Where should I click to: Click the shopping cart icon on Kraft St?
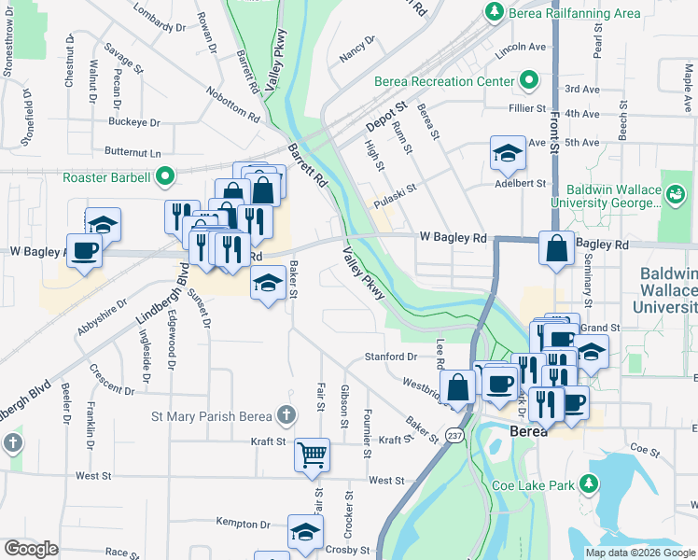312,455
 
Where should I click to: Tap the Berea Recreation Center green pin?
529,80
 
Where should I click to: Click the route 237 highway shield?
454,436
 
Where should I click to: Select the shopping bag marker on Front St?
556,249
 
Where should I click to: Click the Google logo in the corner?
30,549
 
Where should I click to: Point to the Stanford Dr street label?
390,356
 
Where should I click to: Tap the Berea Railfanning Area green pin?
492,12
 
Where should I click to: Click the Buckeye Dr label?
134,122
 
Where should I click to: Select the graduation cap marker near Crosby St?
304,531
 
